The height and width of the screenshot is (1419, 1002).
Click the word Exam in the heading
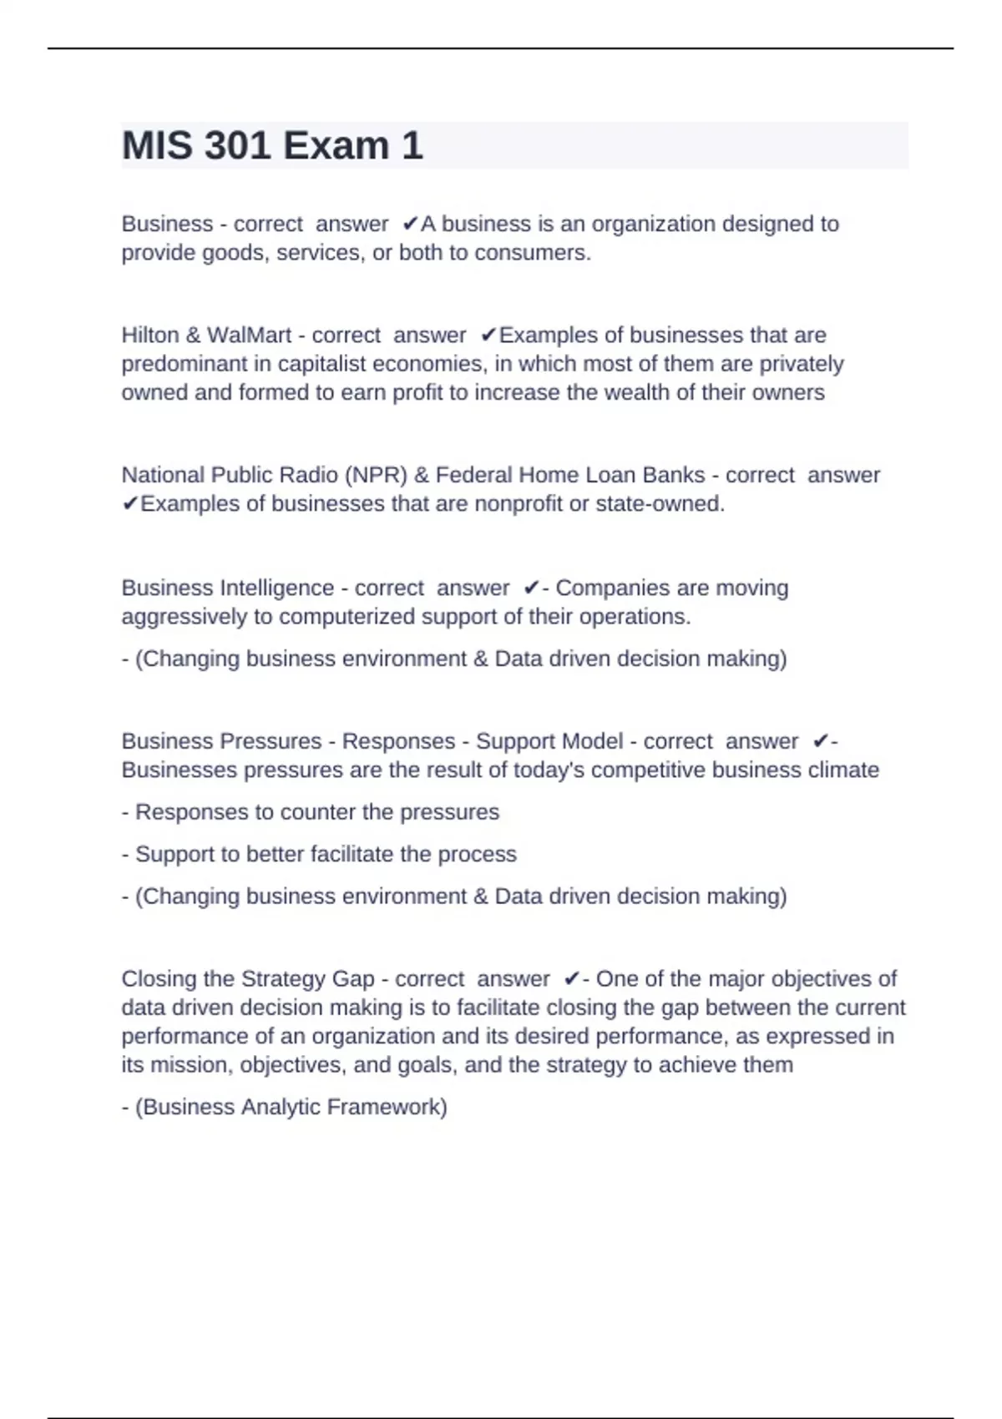click(336, 146)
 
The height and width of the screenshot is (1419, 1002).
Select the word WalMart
click(249, 336)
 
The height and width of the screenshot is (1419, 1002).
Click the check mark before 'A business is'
click(410, 225)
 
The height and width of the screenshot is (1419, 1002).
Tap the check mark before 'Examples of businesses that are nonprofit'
click(130, 504)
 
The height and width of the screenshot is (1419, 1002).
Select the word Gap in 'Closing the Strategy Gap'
click(353, 979)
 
